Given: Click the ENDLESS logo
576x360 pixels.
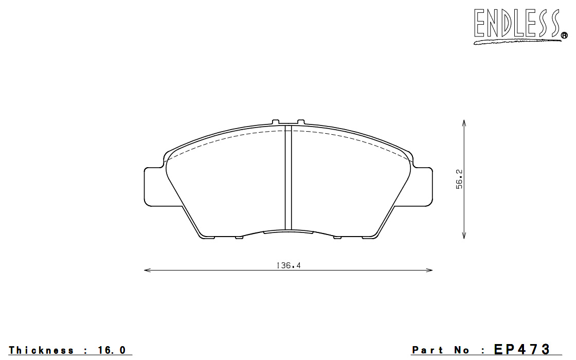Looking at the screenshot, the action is click(x=520, y=26).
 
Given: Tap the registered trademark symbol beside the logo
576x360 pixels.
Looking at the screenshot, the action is click(x=564, y=35).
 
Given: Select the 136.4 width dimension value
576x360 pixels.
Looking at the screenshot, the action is click(x=289, y=265).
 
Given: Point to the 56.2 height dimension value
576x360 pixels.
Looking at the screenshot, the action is click(x=459, y=179).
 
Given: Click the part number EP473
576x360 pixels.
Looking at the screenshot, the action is click(x=521, y=349).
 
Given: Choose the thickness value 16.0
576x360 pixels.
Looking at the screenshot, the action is click(x=112, y=350).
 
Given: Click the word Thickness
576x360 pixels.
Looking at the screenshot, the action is click(x=41, y=350).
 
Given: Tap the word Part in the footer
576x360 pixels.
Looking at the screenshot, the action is click(x=427, y=350).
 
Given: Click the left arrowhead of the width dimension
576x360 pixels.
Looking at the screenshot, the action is click(x=147, y=271).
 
